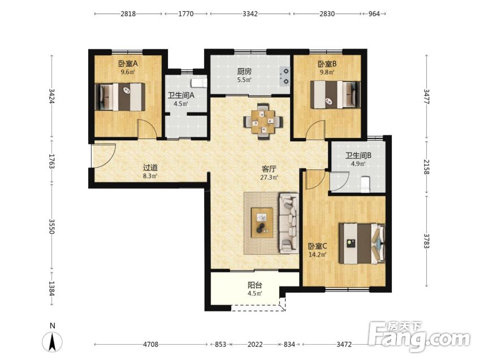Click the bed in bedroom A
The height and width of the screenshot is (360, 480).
(120, 97)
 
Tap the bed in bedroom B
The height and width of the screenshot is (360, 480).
(335, 94)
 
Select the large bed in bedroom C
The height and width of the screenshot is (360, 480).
(362, 244)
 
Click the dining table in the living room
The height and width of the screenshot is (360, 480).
(263, 122)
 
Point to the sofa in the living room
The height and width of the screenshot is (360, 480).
(288, 223)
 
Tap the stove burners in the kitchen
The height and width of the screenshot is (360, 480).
(285, 76)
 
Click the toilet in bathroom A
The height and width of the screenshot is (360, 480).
(199, 83)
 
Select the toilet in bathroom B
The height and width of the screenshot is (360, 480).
(365, 184)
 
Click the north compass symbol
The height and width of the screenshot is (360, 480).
(53, 339)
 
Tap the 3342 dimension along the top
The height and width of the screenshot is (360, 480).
(250, 14)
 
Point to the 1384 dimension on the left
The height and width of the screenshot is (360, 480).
(52, 289)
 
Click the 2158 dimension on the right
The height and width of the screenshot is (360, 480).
(426, 167)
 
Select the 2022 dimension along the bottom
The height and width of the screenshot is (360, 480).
(255, 344)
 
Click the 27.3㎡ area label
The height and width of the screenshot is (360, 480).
(269, 177)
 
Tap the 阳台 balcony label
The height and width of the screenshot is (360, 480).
(254, 285)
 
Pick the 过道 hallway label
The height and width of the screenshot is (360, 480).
(150, 167)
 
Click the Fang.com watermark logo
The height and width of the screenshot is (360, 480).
(419, 337)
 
